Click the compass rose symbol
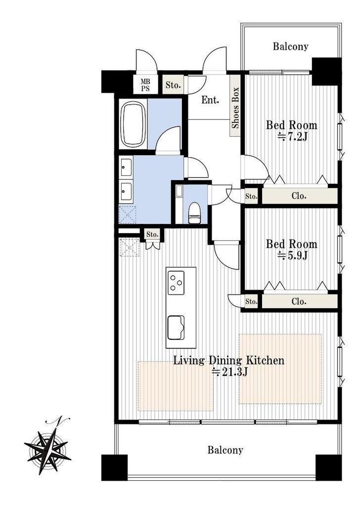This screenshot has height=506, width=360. (47, 447)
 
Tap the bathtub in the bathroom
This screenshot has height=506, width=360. (133, 124)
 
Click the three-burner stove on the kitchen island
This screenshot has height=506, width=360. (176, 282)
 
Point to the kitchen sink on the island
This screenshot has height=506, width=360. (176, 327)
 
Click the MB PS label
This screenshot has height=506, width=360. (145, 85)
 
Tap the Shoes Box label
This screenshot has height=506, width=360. (235, 107)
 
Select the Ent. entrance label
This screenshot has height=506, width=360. (210, 100)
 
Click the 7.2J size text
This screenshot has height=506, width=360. (293, 137)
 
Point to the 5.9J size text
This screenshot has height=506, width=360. (293, 255)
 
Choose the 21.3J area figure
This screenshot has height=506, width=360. (229, 372)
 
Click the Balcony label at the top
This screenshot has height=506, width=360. (291, 46)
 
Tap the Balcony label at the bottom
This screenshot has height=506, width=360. (225, 450)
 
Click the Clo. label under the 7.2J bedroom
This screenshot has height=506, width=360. (299, 196)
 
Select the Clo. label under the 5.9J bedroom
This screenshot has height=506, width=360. (299, 301)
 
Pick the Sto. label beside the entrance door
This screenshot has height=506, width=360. (173, 85)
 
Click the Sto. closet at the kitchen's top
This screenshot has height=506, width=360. (152, 234)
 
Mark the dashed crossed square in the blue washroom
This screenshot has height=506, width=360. (128, 214)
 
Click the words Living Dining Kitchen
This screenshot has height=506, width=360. (229, 360)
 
